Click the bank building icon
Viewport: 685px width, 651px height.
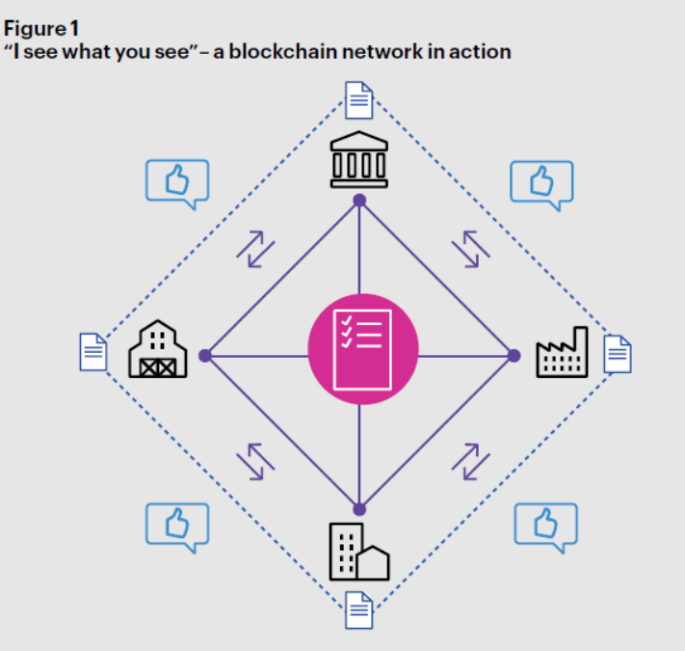(x=359, y=157)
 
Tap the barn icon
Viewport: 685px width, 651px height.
(x=157, y=350)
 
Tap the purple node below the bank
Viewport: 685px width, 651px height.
(x=359, y=201)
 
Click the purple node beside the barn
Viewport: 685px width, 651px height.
(x=204, y=356)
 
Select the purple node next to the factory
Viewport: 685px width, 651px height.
(x=514, y=356)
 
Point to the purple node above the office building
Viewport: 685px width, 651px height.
(x=359, y=509)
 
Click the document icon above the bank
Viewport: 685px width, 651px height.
(x=358, y=99)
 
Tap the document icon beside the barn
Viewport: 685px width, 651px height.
(x=92, y=352)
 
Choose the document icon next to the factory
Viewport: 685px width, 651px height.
(x=618, y=354)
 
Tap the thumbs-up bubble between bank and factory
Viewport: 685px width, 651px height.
(x=540, y=182)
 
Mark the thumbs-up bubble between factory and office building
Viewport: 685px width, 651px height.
(x=544, y=524)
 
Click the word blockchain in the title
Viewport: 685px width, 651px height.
(x=276, y=51)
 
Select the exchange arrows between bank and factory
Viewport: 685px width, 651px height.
(x=470, y=249)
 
